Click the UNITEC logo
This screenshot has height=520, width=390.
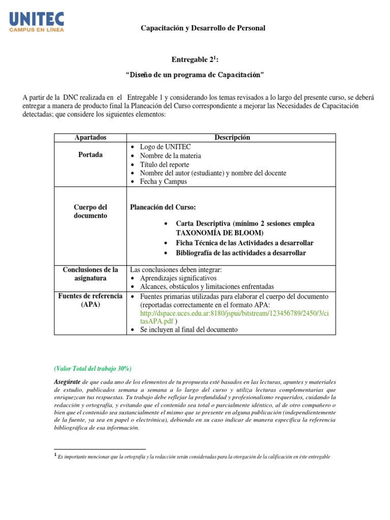[x=37, y=22]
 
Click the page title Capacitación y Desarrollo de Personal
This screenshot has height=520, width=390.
[x=203, y=28]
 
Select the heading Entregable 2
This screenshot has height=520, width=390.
[x=195, y=60]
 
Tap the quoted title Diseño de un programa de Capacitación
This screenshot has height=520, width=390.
[x=195, y=75]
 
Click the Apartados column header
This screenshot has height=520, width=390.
[x=90, y=138]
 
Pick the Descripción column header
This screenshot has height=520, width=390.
[x=232, y=138]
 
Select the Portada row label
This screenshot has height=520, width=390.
[x=90, y=155]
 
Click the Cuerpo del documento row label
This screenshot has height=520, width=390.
[x=90, y=211]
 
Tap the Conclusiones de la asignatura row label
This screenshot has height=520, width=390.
[x=90, y=274]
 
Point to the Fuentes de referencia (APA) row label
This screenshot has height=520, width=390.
[x=90, y=300]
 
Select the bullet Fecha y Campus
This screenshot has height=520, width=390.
[x=164, y=181]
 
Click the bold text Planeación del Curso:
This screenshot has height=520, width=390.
[x=163, y=207]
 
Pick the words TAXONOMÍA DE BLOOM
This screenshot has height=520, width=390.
[x=219, y=233]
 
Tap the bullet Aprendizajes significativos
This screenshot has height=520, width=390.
[x=178, y=278]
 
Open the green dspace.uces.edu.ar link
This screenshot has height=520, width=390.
[x=234, y=313]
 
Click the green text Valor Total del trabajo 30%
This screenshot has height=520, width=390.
[x=92, y=368]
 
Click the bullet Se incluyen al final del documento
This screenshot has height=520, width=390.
[x=188, y=330]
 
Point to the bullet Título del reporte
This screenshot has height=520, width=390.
[x=165, y=164]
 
